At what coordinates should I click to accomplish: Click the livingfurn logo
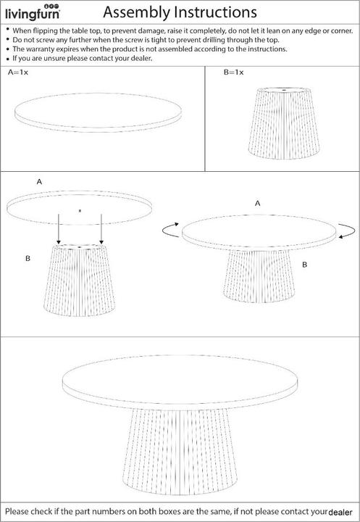pyautogui.click(x=33, y=12)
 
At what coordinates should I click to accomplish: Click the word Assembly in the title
pyautogui.click(x=136, y=12)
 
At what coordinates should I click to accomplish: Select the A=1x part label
pyautogui.click(x=18, y=72)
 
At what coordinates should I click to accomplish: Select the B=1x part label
pyautogui.click(x=233, y=72)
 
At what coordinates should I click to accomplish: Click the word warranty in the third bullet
pyautogui.click(x=41, y=49)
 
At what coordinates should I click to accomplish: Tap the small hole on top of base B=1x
pyautogui.click(x=284, y=90)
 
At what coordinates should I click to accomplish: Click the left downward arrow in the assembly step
pyautogui.click(x=59, y=229)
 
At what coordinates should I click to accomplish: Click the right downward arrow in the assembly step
pyautogui.click(x=101, y=229)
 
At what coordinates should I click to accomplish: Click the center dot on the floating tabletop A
pyautogui.click(x=80, y=211)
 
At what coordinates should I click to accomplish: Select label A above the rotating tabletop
pyautogui.click(x=257, y=204)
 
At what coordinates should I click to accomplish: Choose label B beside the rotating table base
pyautogui.click(x=304, y=265)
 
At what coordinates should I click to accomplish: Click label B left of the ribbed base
pyautogui.click(x=28, y=258)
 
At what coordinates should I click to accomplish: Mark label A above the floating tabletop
pyautogui.click(x=39, y=182)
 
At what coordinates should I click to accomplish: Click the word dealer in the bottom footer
pyautogui.click(x=340, y=513)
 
